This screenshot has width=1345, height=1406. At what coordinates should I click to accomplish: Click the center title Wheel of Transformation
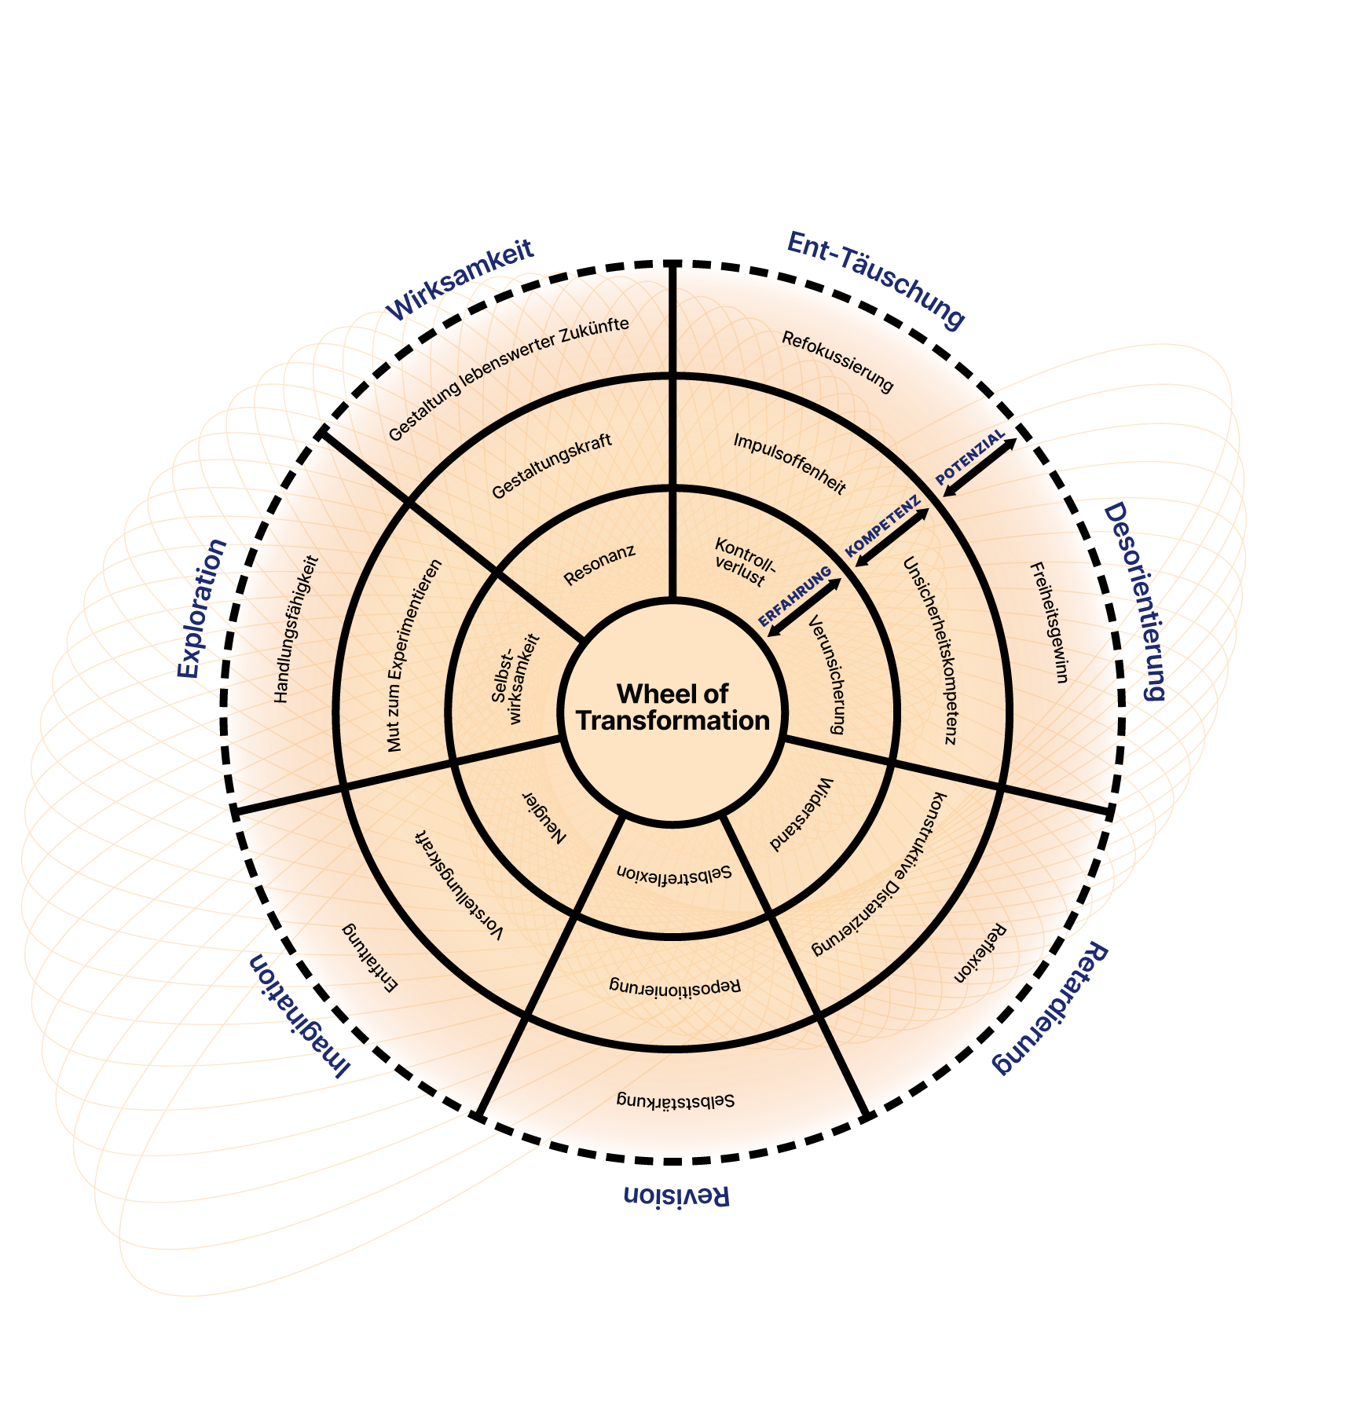click(x=672, y=707)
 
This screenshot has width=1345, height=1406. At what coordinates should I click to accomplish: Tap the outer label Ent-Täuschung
click(x=875, y=280)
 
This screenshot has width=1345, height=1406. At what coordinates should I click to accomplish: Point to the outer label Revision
click(x=676, y=1195)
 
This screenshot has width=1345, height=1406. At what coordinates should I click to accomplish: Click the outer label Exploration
click(x=200, y=609)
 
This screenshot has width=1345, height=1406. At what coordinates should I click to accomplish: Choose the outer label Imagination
click(x=299, y=1014)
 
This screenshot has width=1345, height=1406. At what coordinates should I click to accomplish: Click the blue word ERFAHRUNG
click(x=794, y=596)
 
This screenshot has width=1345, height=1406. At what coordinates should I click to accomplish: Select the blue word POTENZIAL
click(x=970, y=456)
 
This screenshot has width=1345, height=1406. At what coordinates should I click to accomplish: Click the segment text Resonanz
click(x=599, y=565)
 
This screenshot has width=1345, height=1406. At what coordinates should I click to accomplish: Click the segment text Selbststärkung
click(x=676, y=1100)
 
